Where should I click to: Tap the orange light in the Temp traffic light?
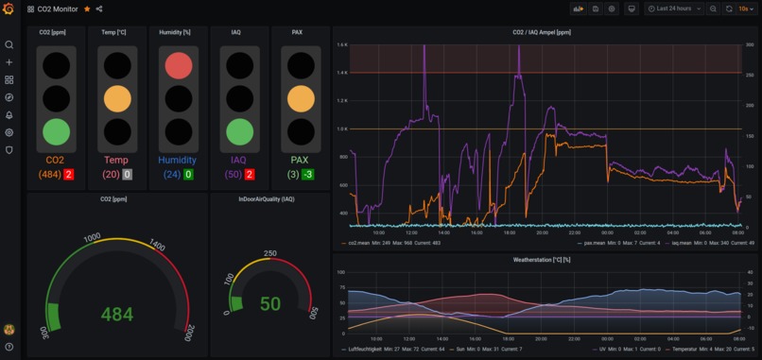[116, 98]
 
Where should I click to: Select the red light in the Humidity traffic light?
[178, 65]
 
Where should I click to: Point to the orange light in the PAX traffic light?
[301, 98]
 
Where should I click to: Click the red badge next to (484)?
[68, 175]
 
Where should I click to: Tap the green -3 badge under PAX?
[308, 175]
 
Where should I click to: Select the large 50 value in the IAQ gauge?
[270, 303]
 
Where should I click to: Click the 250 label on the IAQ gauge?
[269, 253]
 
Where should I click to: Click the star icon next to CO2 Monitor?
[87, 9]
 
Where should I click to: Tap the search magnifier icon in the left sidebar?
[9, 44]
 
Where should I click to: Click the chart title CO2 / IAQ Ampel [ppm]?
[543, 31]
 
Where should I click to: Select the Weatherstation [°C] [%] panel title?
[543, 258]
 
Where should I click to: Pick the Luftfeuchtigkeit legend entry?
[363, 350]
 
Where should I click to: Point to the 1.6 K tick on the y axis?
[342, 44]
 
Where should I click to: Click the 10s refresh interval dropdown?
[744, 9]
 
